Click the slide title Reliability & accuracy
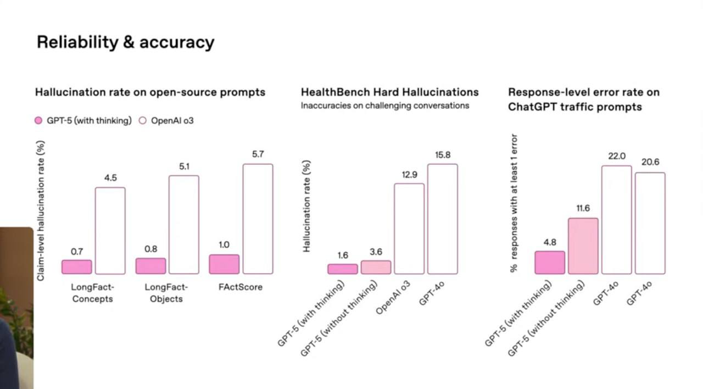pos(125,42)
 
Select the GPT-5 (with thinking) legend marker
pos(38,120)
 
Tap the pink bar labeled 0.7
pos(77,267)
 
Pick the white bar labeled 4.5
pos(110,231)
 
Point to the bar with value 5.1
pos(184,225)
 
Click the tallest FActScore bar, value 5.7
pos(258,219)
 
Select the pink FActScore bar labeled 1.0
pos(224,264)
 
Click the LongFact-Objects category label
pos(166,293)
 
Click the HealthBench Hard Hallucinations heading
pos(389,92)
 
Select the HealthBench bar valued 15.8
pos(443,219)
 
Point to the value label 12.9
pos(409,175)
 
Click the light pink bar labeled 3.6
pos(376,268)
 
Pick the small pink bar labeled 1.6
pos(343,269)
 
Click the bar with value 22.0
pos(616,220)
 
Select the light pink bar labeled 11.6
pos(583,246)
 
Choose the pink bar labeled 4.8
pos(550,263)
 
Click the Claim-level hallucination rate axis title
pos(41,210)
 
